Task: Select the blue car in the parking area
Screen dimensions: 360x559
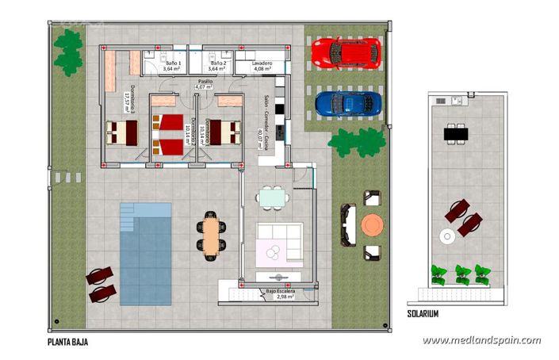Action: coord(347,103)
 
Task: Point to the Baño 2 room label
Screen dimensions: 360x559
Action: coord(219,66)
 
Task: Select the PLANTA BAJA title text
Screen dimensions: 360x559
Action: coord(67,343)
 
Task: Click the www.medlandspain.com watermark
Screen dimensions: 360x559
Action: coord(481,340)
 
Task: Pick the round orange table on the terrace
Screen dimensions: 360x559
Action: coord(372,225)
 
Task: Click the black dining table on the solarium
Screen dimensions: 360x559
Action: coord(455,134)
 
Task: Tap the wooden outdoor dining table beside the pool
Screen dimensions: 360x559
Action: coord(210,236)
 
